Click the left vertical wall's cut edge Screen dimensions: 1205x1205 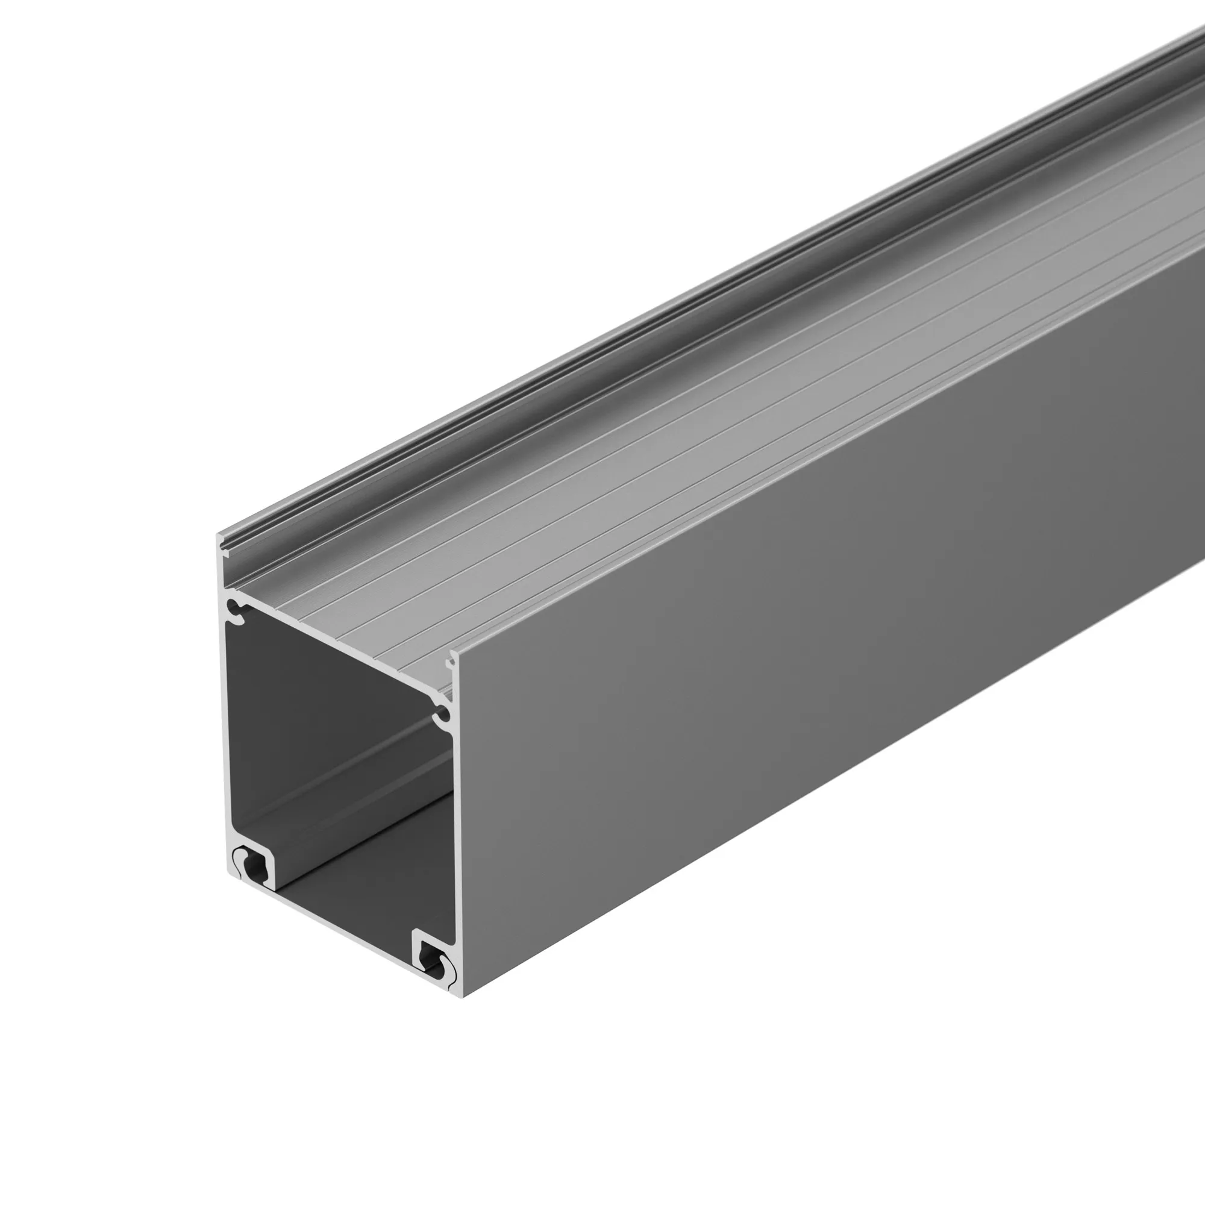[x=225, y=717]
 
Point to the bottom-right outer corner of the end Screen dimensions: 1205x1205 [x=463, y=996]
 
